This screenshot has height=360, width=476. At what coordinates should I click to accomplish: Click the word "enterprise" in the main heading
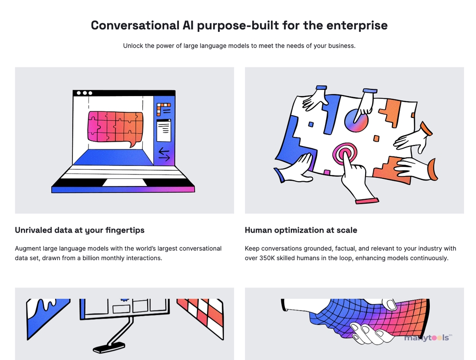[x=357, y=26]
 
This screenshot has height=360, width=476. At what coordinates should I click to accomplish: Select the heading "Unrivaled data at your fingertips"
[x=79, y=230]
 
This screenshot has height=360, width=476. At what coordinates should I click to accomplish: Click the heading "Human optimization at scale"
[x=301, y=230]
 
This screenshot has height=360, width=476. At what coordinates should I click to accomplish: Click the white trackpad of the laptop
[x=124, y=182]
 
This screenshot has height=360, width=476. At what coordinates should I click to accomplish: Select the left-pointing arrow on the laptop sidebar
[x=164, y=151]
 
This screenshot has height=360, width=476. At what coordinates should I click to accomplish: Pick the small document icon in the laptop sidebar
[x=164, y=130]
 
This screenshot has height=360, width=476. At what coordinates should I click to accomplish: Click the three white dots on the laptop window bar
[x=84, y=93]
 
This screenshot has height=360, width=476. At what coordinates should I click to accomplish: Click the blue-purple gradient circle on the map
[x=356, y=120]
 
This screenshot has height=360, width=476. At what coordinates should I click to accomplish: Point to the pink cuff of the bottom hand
[x=367, y=201]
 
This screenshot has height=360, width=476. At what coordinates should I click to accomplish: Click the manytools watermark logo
[x=428, y=338]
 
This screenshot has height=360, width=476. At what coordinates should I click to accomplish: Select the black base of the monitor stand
[x=109, y=348]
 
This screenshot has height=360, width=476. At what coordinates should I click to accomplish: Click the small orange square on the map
[x=376, y=138]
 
